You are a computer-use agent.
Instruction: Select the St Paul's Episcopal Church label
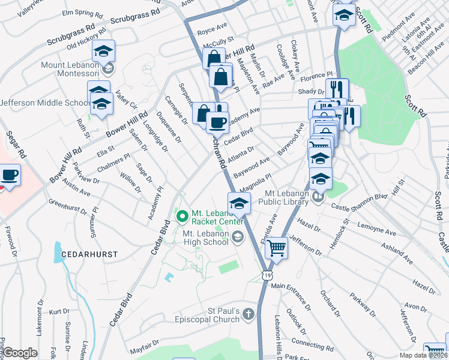click(224, 315)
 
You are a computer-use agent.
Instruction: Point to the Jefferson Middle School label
click(45, 103)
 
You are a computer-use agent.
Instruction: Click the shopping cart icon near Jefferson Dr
click(276, 247)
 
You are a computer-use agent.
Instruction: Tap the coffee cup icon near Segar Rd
click(9, 176)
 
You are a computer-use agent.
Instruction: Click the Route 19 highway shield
click(266, 274)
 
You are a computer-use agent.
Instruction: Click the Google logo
click(20, 353)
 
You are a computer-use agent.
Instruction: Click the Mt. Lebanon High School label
click(205, 238)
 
